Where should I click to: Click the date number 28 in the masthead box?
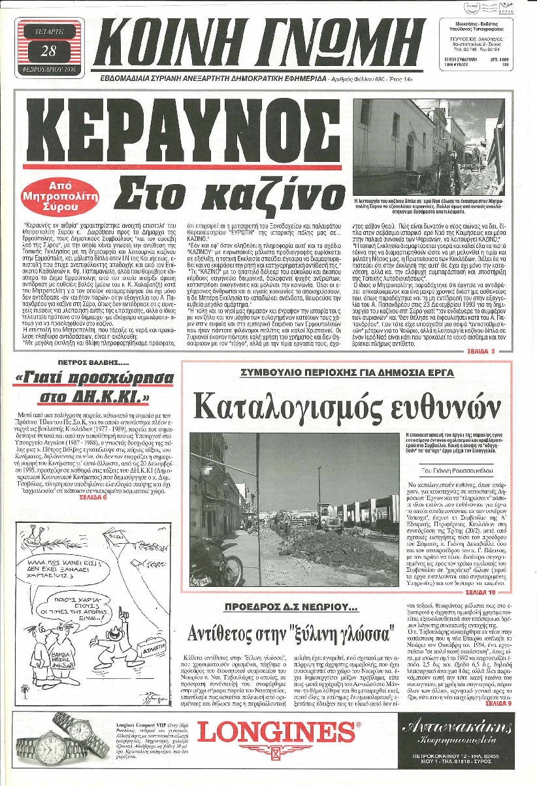pyautogui.click(x=49, y=50)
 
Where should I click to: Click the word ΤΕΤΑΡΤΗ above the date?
pyautogui.click(x=49, y=31)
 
